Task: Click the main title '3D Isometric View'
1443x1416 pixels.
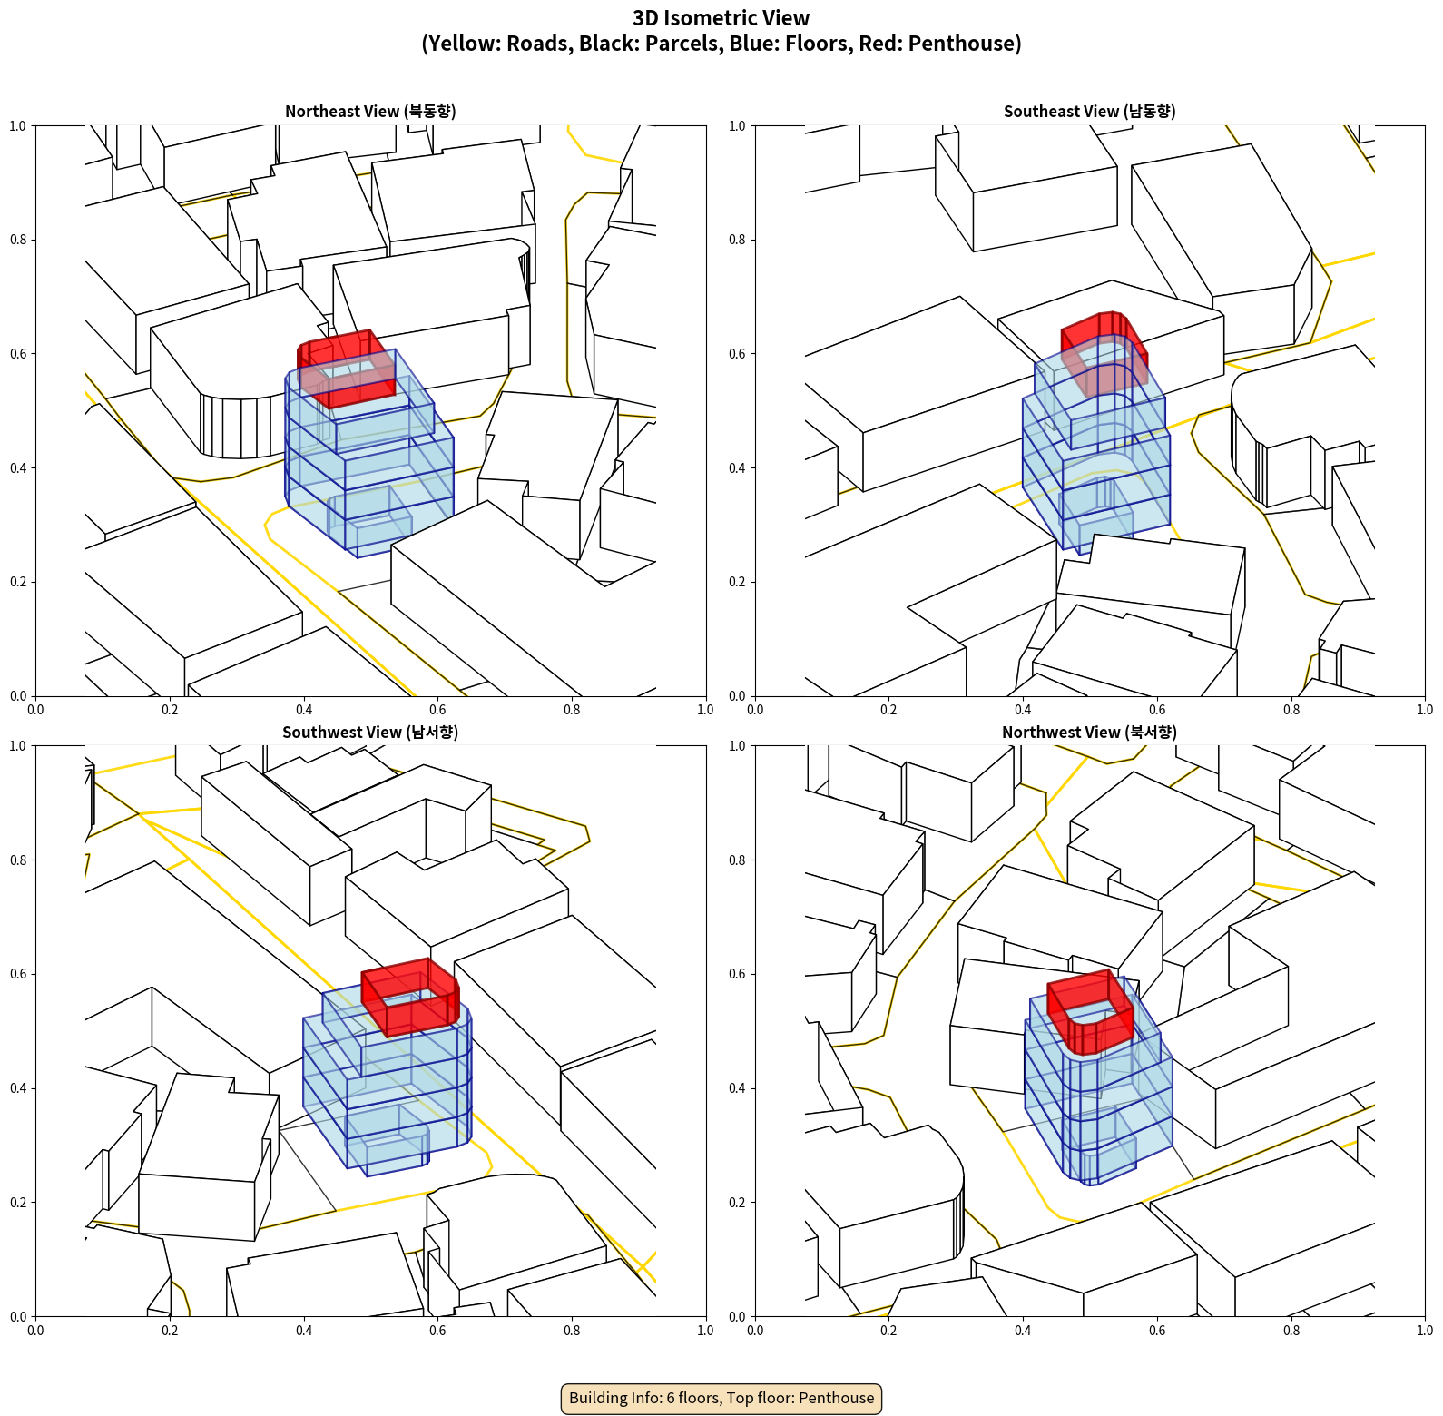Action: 721,18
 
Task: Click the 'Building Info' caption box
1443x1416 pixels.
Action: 721,1398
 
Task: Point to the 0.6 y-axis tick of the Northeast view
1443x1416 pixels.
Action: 18,354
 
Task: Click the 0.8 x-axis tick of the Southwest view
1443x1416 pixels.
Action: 572,1331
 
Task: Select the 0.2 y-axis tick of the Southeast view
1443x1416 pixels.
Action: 737,582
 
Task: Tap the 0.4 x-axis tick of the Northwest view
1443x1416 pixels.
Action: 1023,1331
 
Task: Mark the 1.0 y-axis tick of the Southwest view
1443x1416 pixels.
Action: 18,746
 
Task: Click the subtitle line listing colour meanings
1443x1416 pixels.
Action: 721,44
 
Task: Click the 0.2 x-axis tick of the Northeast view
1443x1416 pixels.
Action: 170,710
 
